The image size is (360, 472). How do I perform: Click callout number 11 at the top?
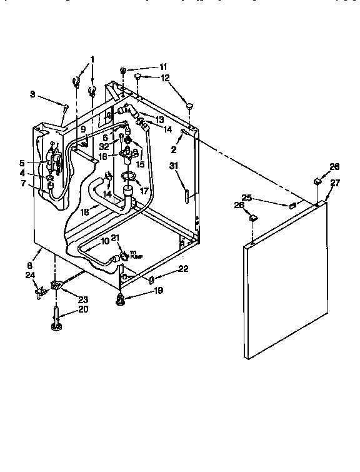[x=163, y=66]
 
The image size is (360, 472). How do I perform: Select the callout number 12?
[x=165, y=78]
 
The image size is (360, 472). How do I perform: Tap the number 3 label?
[x=32, y=94]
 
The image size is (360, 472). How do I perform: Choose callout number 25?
[x=247, y=198]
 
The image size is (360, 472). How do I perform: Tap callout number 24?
[x=30, y=275]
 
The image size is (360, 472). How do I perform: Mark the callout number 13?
[x=159, y=119]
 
